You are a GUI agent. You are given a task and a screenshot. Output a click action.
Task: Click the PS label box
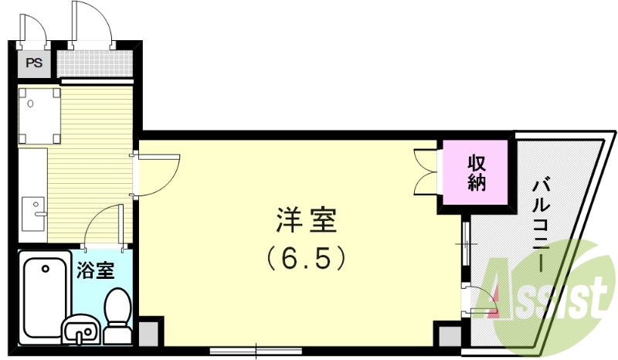point(34,63)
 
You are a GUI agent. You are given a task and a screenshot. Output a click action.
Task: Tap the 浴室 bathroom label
point(95,271)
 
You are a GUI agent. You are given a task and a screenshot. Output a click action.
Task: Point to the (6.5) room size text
point(305,257)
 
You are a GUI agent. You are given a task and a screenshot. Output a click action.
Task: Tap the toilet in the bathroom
point(117,315)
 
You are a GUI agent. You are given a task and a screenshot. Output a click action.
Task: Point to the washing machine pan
point(40,116)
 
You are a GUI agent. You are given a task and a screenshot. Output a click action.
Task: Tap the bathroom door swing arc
point(102,226)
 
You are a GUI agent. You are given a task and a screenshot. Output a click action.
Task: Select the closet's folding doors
point(427,172)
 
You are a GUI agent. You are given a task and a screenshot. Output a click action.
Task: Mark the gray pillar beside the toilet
point(149,331)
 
